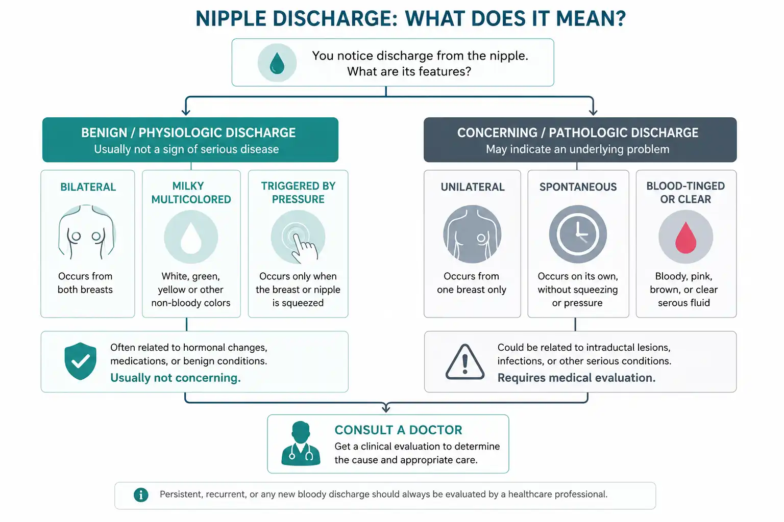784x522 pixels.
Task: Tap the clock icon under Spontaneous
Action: click(x=578, y=234)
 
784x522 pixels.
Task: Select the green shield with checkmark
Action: click(x=80, y=361)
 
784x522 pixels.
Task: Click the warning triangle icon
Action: click(x=465, y=362)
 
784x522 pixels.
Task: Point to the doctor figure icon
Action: click(x=301, y=443)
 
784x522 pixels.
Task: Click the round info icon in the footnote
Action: click(x=141, y=495)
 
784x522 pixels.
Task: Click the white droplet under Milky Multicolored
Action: click(x=191, y=238)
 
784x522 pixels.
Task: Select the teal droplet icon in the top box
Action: click(x=277, y=63)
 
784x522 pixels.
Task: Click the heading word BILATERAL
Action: click(x=88, y=187)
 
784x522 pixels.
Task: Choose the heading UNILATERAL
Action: click(x=473, y=187)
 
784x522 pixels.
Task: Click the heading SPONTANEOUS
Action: click(x=578, y=187)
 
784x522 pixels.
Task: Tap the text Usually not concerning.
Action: click(x=176, y=378)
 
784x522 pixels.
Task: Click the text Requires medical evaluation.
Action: click(x=576, y=378)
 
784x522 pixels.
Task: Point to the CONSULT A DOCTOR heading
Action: click(x=398, y=430)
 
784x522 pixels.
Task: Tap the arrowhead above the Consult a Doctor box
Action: click(x=386, y=408)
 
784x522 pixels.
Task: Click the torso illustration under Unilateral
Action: click(x=472, y=234)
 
